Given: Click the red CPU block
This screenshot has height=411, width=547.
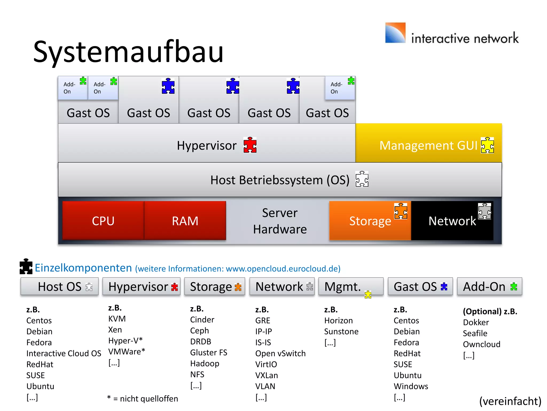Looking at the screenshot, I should (x=103, y=220).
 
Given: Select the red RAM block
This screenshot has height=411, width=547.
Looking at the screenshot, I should (x=185, y=220).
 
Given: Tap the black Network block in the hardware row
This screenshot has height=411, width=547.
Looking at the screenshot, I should (x=452, y=221).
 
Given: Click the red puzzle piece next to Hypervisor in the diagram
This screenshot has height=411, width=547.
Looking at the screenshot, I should (x=250, y=145).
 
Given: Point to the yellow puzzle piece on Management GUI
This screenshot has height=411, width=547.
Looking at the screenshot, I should (x=487, y=145).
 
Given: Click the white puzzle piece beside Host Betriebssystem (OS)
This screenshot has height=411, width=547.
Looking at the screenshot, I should (x=362, y=179).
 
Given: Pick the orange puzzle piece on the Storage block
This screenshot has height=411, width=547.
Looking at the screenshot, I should (x=401, y=211).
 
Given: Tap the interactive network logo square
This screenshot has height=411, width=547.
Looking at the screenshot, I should (x=395, y=33).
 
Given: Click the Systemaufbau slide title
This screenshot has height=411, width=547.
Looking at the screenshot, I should (x=128, y=51).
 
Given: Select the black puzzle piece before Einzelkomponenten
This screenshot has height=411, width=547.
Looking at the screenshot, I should (x=26, y=267).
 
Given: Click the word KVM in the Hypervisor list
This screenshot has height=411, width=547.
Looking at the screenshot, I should (x=117, y=319).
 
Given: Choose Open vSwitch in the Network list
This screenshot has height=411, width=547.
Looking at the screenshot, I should (x=280, y=353).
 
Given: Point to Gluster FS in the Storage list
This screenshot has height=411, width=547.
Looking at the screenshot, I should (x=209, y=353).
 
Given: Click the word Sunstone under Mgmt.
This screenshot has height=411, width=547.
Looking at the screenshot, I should (x=341, y=332).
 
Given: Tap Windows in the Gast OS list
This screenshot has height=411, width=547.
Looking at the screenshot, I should (x=411, y=386).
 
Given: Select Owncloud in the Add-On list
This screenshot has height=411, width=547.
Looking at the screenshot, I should (x=482, y=344).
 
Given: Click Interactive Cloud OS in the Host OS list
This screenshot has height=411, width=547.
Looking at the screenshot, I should (x=64, y=353).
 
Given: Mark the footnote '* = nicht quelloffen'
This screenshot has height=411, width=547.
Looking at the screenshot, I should (x=143, y=398).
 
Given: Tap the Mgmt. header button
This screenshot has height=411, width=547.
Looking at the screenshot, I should (x=351, y=287).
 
